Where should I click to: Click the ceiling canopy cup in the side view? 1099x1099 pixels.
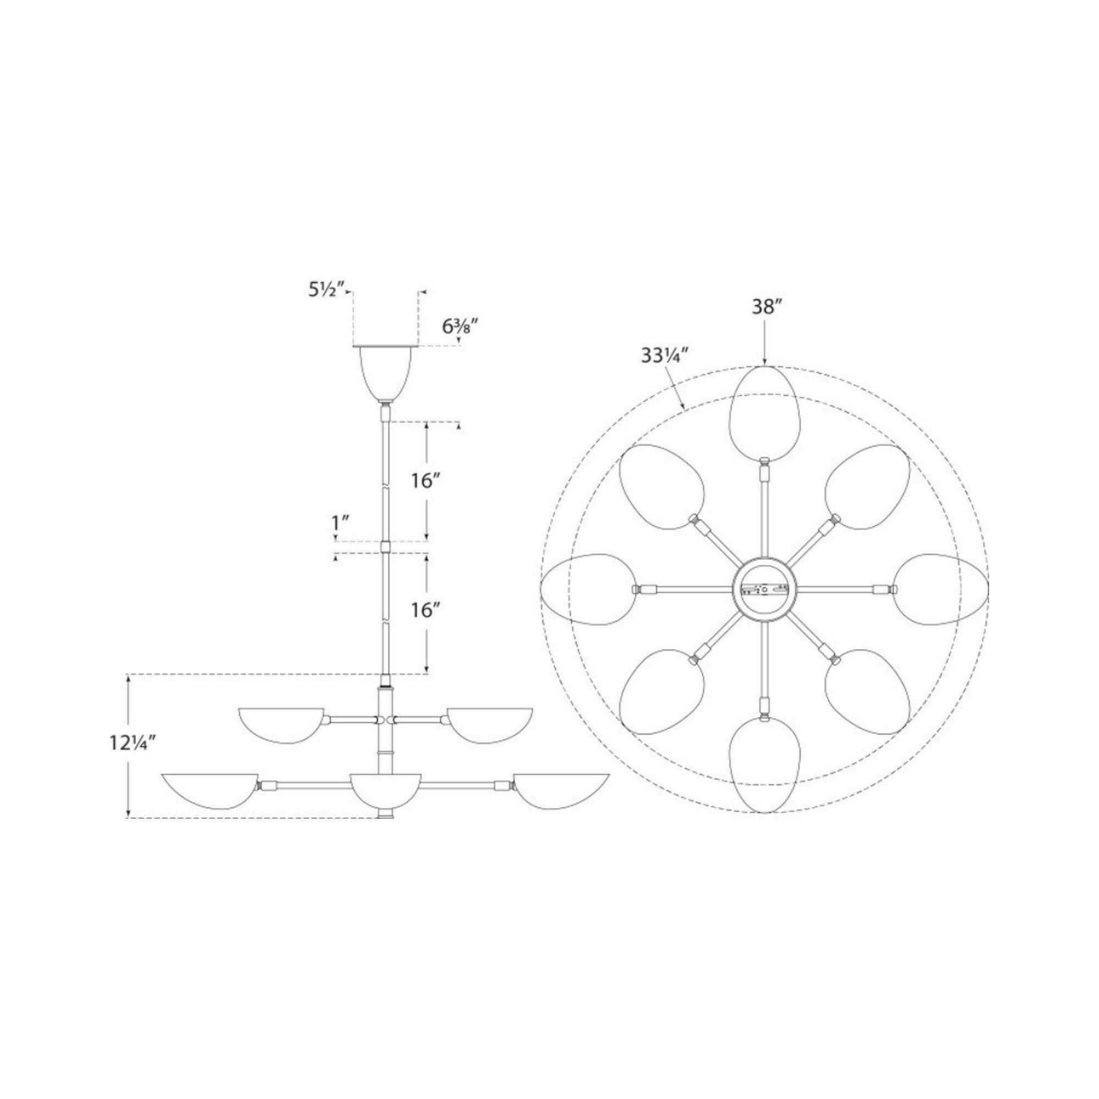pos(386,374)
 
